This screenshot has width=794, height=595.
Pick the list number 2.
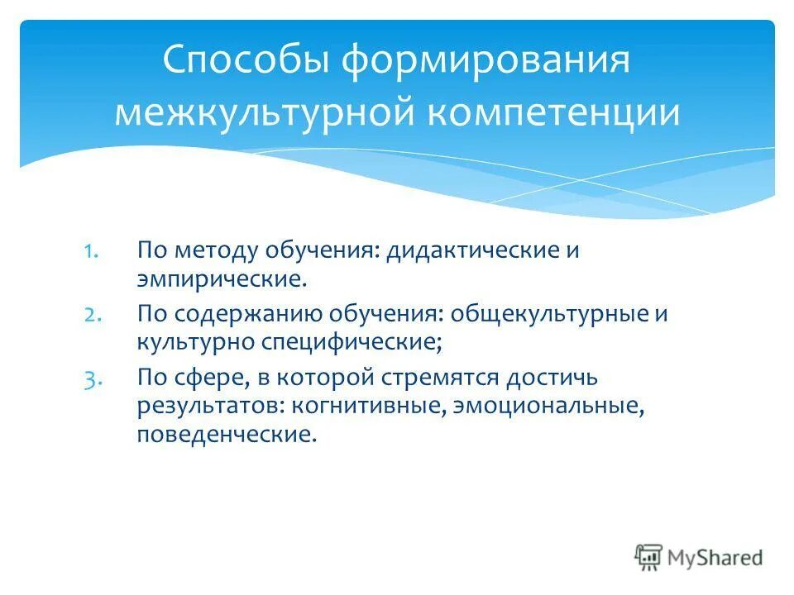pos(92,315)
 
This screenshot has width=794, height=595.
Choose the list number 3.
pos(92,378)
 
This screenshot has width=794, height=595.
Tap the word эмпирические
pos(222,277)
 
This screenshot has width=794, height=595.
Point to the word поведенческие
pos(227,433)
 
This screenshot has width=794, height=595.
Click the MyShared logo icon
pos(649,557)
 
